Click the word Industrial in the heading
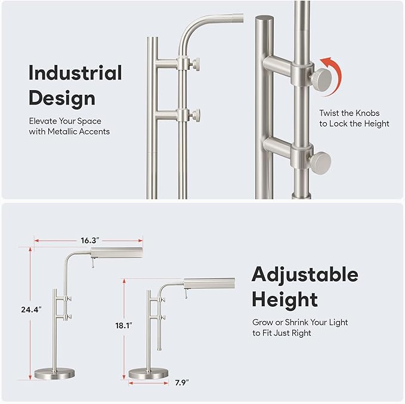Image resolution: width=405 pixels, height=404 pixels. pos(75,73)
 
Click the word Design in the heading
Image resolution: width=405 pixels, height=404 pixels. pos(62,98)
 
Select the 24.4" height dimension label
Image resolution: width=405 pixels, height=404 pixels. pos(31,309)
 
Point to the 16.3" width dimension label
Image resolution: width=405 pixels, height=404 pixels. pos(90,240)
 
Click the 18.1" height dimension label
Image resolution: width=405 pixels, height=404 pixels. pos(123,325)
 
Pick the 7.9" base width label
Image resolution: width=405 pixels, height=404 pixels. pos(182,383)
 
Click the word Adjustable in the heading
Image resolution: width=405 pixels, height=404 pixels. pos(305,275)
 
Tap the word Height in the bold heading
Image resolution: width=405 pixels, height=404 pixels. pos(285,300)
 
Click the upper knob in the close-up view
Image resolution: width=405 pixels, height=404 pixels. pos(321,78)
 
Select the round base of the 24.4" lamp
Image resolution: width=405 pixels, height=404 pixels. pos(54,374)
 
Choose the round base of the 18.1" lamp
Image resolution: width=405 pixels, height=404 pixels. pos(149,374)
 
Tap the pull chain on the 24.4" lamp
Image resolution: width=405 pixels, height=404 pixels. pos(92,263)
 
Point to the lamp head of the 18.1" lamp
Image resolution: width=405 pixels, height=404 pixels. pos(209,283)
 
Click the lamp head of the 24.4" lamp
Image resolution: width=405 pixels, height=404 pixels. pos(117,253)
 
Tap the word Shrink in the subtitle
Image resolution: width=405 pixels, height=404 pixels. pos(297,322)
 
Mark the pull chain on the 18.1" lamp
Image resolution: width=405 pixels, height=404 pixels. pos(186,294)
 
